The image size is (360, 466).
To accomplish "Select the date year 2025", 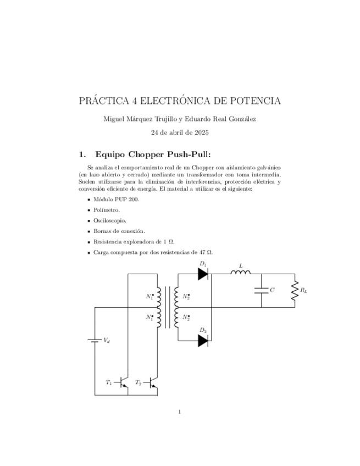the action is pos(200,132).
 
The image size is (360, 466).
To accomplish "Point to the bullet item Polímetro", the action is pos(107,210).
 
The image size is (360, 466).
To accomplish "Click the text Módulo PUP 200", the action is pos(117,199).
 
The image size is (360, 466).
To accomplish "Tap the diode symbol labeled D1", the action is pos(203,274).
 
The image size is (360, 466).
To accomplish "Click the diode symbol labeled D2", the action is pos(203,340).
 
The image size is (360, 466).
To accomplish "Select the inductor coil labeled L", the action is pos(241,272).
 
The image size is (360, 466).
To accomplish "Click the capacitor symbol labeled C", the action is pos(261,290).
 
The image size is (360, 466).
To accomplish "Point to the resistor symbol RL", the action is pos(295,290).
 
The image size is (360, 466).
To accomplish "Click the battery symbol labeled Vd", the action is pos(95,340).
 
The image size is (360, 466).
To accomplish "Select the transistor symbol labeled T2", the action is pos(154,382).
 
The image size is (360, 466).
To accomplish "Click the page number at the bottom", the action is pos(180,412).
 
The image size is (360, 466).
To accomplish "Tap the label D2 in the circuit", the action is pos(203,330).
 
